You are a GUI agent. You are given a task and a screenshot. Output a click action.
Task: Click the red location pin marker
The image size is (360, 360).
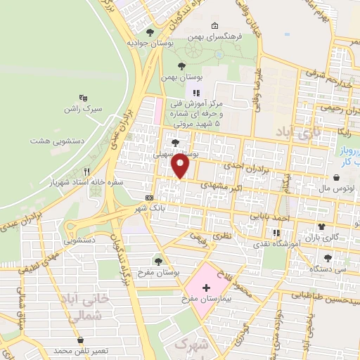[181, 166]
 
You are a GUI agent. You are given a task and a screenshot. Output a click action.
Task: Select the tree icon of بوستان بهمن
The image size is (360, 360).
[181, 65]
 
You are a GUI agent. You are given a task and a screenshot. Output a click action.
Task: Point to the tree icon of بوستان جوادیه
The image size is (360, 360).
[148, 32]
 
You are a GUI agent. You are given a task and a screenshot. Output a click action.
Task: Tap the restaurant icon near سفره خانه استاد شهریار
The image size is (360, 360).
[86, 171]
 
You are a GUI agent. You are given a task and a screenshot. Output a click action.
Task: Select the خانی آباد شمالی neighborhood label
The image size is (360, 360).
[91, 307]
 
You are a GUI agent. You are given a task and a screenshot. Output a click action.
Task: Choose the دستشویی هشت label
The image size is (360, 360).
[57, 141]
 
